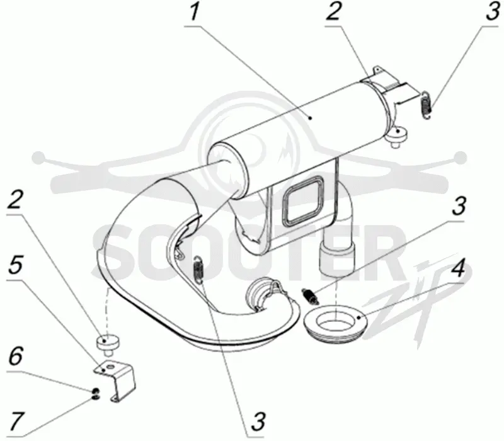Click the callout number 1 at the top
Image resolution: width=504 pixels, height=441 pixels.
point(194,12)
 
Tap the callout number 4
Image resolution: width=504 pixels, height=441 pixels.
point(457,268)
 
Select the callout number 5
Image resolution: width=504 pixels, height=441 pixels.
point(16,265)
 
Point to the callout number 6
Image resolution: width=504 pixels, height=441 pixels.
point(15,356)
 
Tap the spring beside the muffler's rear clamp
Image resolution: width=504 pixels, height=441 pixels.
point(427,105)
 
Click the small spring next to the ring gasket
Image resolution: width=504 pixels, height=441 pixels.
point(310,296)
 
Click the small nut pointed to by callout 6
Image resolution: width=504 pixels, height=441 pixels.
point(95,391)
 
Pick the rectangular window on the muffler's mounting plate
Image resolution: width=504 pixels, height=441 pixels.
point(301,200)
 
